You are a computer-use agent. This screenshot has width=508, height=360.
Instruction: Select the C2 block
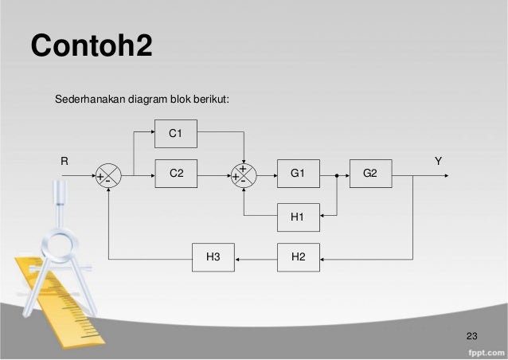click(174, 173)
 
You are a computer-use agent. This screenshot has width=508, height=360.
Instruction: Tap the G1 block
click(298, 173)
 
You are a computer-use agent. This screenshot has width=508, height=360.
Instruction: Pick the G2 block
click(371, 173)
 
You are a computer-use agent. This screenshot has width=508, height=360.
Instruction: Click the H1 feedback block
click(298, 215)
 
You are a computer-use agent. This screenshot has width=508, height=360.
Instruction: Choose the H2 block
click(298, 257)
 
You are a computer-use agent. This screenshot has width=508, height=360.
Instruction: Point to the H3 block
click(213, 257)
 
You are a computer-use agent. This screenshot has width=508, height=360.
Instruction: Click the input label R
click(65, 161)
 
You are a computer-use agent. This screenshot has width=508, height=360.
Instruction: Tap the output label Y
click(438, 161)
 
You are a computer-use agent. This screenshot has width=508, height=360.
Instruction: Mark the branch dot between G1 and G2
click(338, 174)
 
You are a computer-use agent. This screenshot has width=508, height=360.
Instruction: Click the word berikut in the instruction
click(211, 100)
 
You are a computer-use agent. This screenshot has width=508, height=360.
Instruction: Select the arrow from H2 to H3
click(256, 258)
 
